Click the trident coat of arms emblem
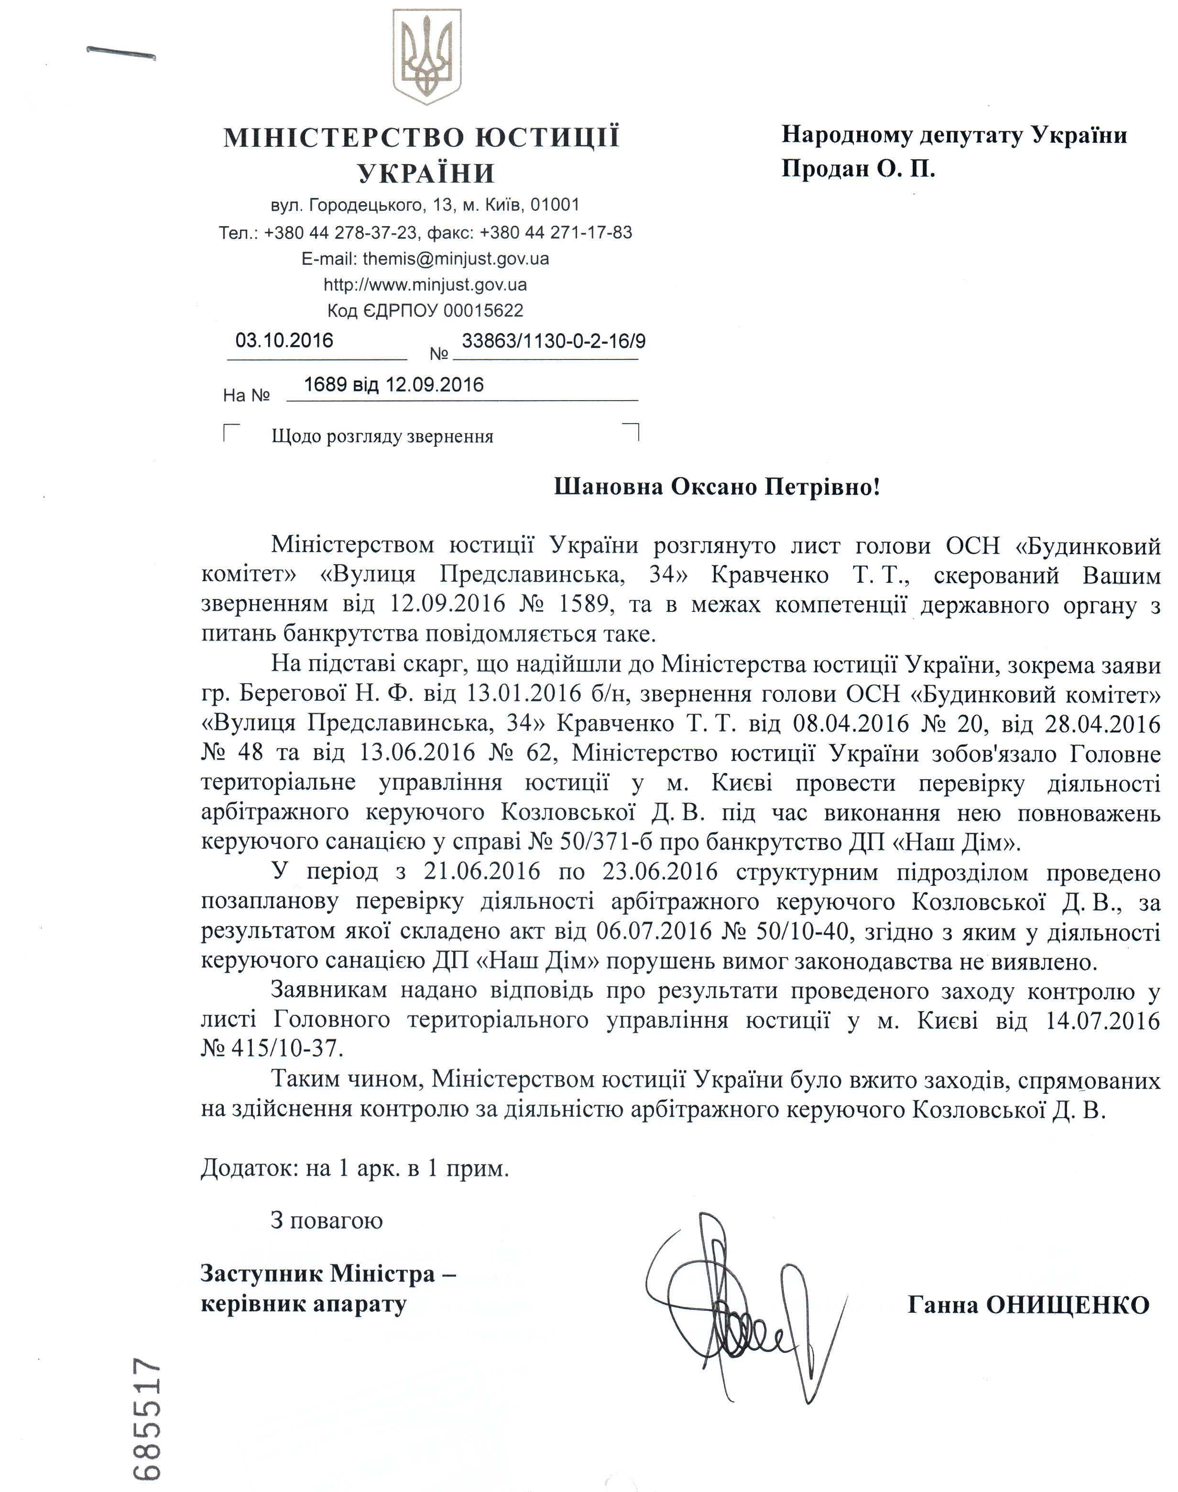coord(426,56)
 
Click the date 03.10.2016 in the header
coord(284,340)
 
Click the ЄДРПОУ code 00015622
coord(483,310)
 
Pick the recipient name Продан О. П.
coord(858,169)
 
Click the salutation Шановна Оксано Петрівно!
coord(717,488)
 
